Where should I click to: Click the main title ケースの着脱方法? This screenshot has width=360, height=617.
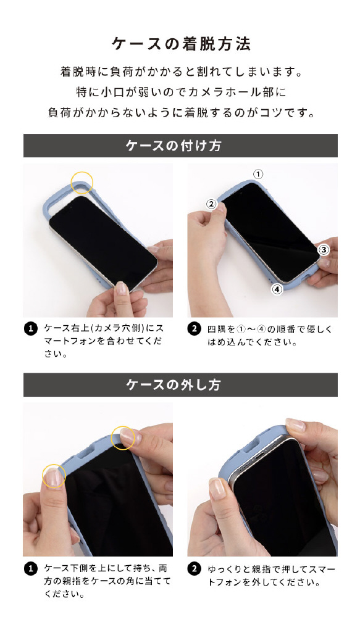click(181, 44)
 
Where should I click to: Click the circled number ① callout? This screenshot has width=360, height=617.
click(257, 174)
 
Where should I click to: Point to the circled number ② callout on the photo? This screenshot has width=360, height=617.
click(212, 204)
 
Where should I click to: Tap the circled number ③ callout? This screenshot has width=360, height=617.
click(323, 249)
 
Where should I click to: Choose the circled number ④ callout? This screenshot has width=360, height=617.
click(277, 289)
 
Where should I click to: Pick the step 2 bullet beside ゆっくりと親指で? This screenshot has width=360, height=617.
click(194, 569)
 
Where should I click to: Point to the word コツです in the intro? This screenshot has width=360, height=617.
click(287, 112)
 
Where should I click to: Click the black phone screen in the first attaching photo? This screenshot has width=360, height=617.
click(103, 242)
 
